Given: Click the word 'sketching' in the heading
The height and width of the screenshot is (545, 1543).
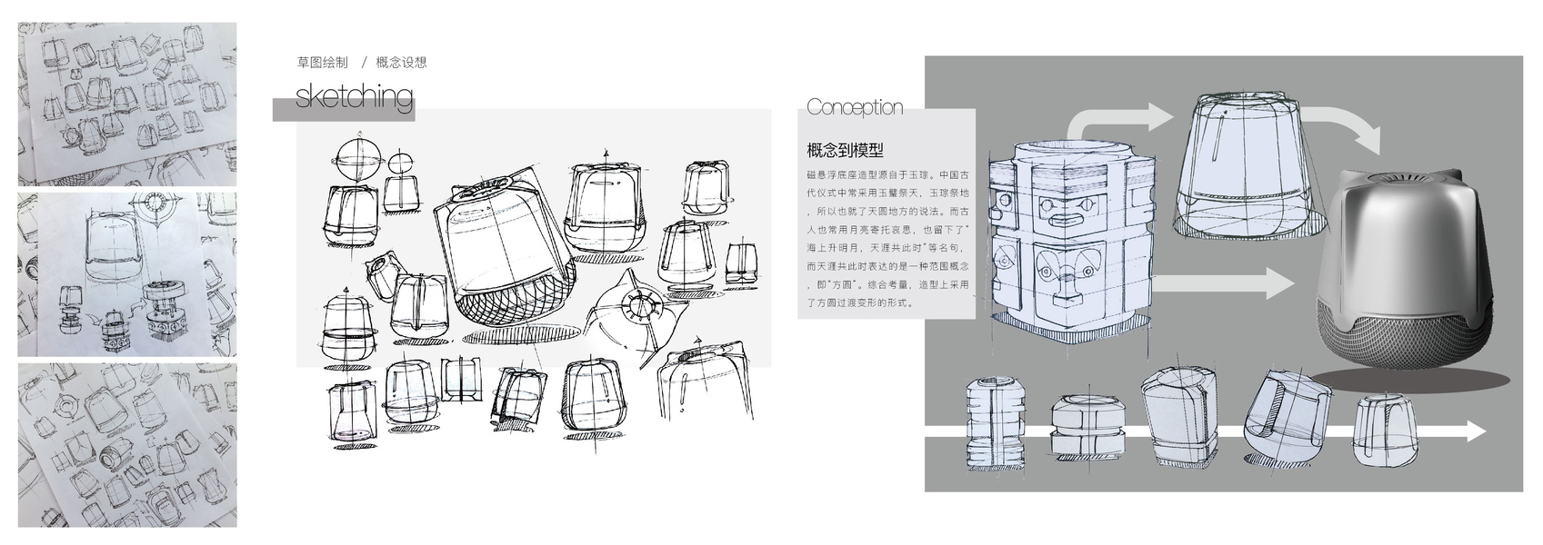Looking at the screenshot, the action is click(354, 97).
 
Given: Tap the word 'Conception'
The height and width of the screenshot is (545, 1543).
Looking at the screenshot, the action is click(854, 107).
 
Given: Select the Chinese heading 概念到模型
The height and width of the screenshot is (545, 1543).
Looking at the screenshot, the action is click(845, 151).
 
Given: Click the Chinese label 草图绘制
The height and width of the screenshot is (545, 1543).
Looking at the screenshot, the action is click(322, 63).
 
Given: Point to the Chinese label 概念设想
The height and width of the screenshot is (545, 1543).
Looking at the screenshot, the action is click(401, 63).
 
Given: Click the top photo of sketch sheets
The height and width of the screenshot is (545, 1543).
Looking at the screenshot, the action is click(127, 104).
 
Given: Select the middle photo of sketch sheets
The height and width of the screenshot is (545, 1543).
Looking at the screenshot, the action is click(127, 274).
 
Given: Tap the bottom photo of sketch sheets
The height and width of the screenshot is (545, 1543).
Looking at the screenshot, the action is click(127, 445).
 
